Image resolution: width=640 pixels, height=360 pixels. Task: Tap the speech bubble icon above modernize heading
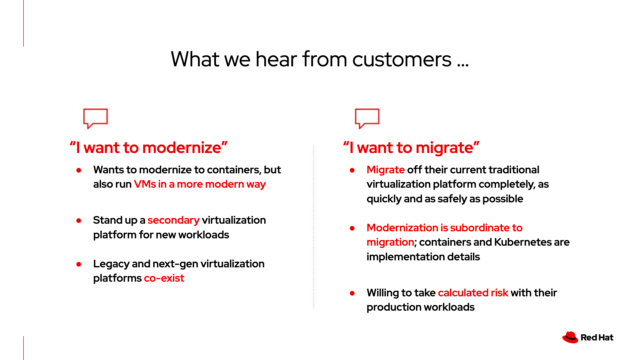pyautogui.click(x=95, y=118)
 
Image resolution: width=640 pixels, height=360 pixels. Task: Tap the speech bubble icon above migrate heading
pyautogui.click(x=367, y=118)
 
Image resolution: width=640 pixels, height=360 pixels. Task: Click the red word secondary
pyautogui.click(x=173, y=220)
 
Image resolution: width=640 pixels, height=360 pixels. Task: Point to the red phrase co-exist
pyautogui.click(x=164, y=278)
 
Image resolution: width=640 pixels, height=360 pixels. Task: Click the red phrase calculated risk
pyautogui.click(x=473, y=293)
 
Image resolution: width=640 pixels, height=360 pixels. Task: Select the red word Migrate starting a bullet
pyautogui.click(x=385, y=170)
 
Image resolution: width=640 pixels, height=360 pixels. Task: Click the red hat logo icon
pyautogui.click(x=570, y=337)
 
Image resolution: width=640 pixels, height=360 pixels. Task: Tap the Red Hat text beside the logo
pyautogui.click(x=597, y=338)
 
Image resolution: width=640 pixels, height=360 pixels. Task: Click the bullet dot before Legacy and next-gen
pyautogui.click(x=79, y=264)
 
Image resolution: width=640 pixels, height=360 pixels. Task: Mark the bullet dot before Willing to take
pyautogui.click(x=352, y=293)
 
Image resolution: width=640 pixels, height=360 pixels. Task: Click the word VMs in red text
pyautogui.click(x=145, y=184)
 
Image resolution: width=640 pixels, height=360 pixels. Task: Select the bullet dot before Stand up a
pyautogui.click(x=79, y=221)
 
